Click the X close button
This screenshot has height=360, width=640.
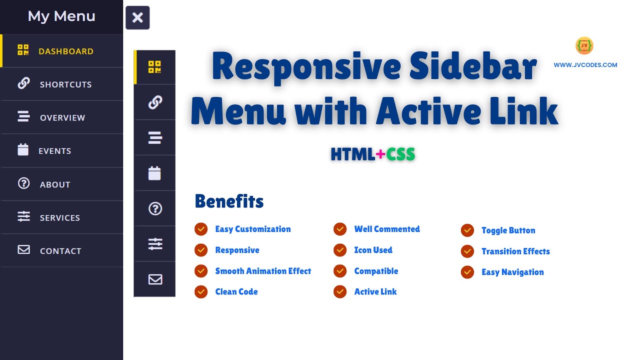(x=137, y=18)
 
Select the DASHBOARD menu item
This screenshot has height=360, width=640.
(x=65, y=51)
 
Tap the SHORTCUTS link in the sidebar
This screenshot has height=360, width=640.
(x=65, y=84)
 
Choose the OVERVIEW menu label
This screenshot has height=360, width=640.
(x=62, y=117)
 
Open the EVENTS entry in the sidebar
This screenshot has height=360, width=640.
(x=54, y=151)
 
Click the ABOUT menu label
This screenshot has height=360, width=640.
(x=55, y=184)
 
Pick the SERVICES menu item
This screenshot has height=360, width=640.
(x=59, y=217)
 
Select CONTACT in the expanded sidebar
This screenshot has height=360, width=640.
(x=60, y=251)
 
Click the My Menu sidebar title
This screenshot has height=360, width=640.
(x=61, y=16)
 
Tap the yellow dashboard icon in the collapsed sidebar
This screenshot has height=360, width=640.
(x=154, y=67)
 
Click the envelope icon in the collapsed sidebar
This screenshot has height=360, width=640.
(x=155, y=279)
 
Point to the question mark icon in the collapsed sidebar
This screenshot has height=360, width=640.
(x=155, y=208)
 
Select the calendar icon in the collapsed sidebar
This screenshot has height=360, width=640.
(x=154, y=173)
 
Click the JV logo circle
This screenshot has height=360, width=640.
(x=584, y=45)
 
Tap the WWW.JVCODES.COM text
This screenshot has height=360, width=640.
(x=585, y=65)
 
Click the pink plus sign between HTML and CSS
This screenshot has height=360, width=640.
(x=380, y=154)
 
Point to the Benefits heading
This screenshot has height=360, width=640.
(x=229, y=201)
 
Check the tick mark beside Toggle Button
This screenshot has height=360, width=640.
(x=467, y=230)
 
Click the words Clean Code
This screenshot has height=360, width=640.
(x=236, y=292)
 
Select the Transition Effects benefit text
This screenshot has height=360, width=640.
(x=515, y=251)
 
